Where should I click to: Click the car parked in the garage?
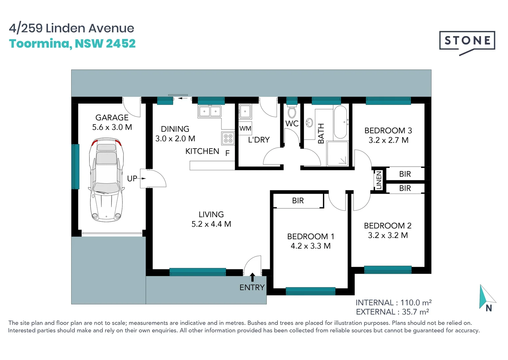click(x=106, y=180)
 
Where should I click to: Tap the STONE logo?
click(x=467, y=43)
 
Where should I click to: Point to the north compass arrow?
click(x=487, y=297)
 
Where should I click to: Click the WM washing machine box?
click(x=245, y=128)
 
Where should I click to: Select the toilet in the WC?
click(x=292, y=112)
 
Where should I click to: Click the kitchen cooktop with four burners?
click(x=228, y=138)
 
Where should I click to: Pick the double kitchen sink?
click(x=210, y=111)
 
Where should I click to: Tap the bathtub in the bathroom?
click(x=341, y=122)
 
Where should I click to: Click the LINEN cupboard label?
click(x=379, y=180)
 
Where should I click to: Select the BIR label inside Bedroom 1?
click(x=298, y=201)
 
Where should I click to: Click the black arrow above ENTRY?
click(x=252, y=277)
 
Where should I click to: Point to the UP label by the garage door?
click(x=132, y=179)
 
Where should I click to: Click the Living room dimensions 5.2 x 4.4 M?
click(x=211, y=224)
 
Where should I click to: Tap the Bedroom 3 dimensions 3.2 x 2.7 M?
click(x=389, y=140)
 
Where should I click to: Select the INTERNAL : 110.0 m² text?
click(x=394, y=303)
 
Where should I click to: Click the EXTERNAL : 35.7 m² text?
click(x=393, y=312)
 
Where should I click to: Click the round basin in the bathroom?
click(x=309, y=123)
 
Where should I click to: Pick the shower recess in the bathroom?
click(x=338, y=153)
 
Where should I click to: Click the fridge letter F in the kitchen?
click(x=227, y=153)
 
